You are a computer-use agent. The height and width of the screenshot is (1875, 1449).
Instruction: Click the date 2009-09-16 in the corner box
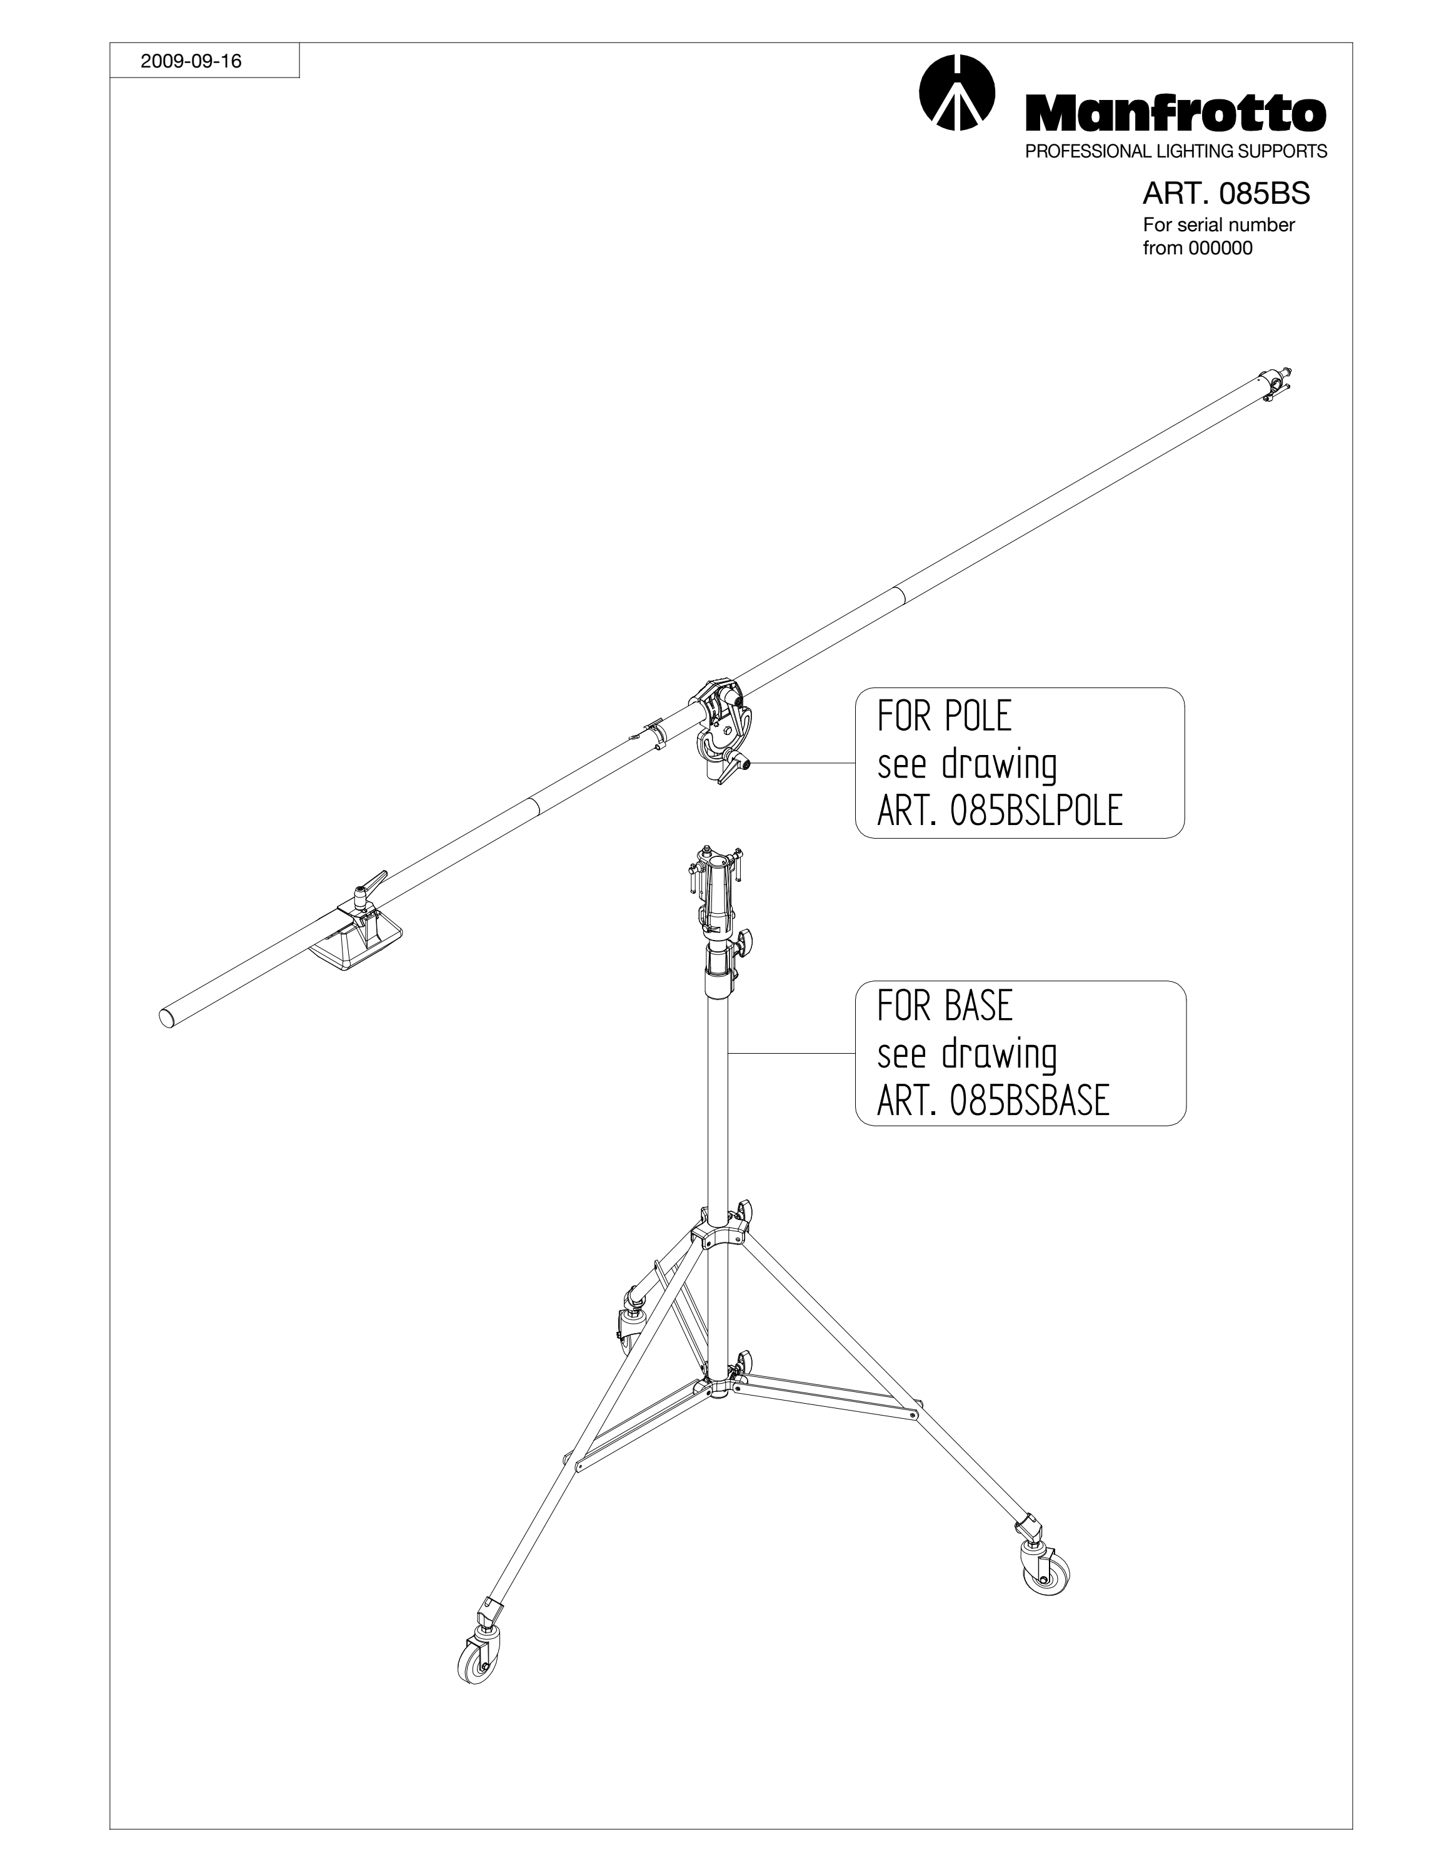(191, 61)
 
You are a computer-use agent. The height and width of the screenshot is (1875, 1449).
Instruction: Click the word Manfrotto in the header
(1176, 112)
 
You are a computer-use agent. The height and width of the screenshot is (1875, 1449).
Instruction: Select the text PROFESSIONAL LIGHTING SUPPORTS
(1176, 151)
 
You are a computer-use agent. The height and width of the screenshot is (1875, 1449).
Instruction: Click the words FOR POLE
(945, 716)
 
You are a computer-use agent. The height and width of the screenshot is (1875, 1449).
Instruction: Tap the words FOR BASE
(945, 1006)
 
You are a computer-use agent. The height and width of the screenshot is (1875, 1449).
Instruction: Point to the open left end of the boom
(168, 1018)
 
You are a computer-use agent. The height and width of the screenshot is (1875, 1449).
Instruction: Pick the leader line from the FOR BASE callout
(791, 1053)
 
